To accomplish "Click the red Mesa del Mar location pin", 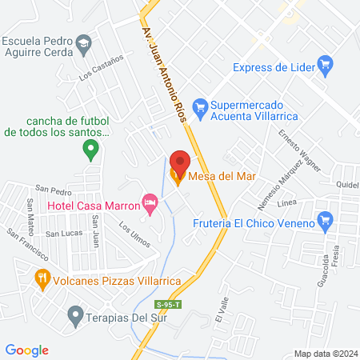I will pos(179,163).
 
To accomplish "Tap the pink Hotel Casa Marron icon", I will pos(149,200).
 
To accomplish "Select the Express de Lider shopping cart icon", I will pos(325,63).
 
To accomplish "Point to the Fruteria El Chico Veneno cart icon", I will pos(325,219).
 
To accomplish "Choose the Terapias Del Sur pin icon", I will pos(75,313).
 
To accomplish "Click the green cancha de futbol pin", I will pos(91,147).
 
